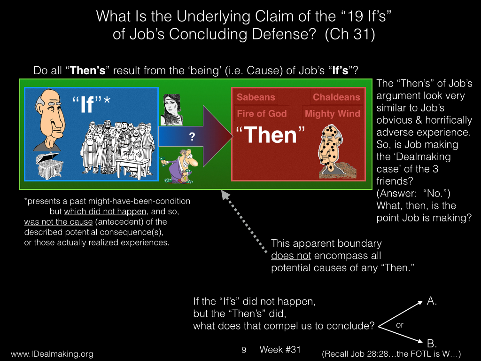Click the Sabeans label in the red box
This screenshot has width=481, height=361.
[256, 97]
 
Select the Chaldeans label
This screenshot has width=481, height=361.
[336, 97]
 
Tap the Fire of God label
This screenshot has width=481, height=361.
[262, 114]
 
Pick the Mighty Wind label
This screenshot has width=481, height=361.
[332, 114]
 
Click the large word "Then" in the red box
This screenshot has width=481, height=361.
[270, 135]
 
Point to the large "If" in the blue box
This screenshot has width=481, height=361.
[87, 104]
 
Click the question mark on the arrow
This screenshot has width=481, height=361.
[192, 136]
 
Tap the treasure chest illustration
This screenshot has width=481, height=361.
[49, 166]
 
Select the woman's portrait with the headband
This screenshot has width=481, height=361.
[171, 110]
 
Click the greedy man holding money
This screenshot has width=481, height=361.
[178, 166]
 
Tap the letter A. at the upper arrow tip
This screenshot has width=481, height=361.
[432, 301]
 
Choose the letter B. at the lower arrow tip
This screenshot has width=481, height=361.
[432, 343]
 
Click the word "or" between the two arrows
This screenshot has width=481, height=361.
[399, 325]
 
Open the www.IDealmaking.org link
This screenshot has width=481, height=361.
[52, 354]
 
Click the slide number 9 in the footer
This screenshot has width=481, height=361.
[244, 350]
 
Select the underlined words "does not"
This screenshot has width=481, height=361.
[291, 255]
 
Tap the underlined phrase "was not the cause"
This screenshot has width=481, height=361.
[58, 222]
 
